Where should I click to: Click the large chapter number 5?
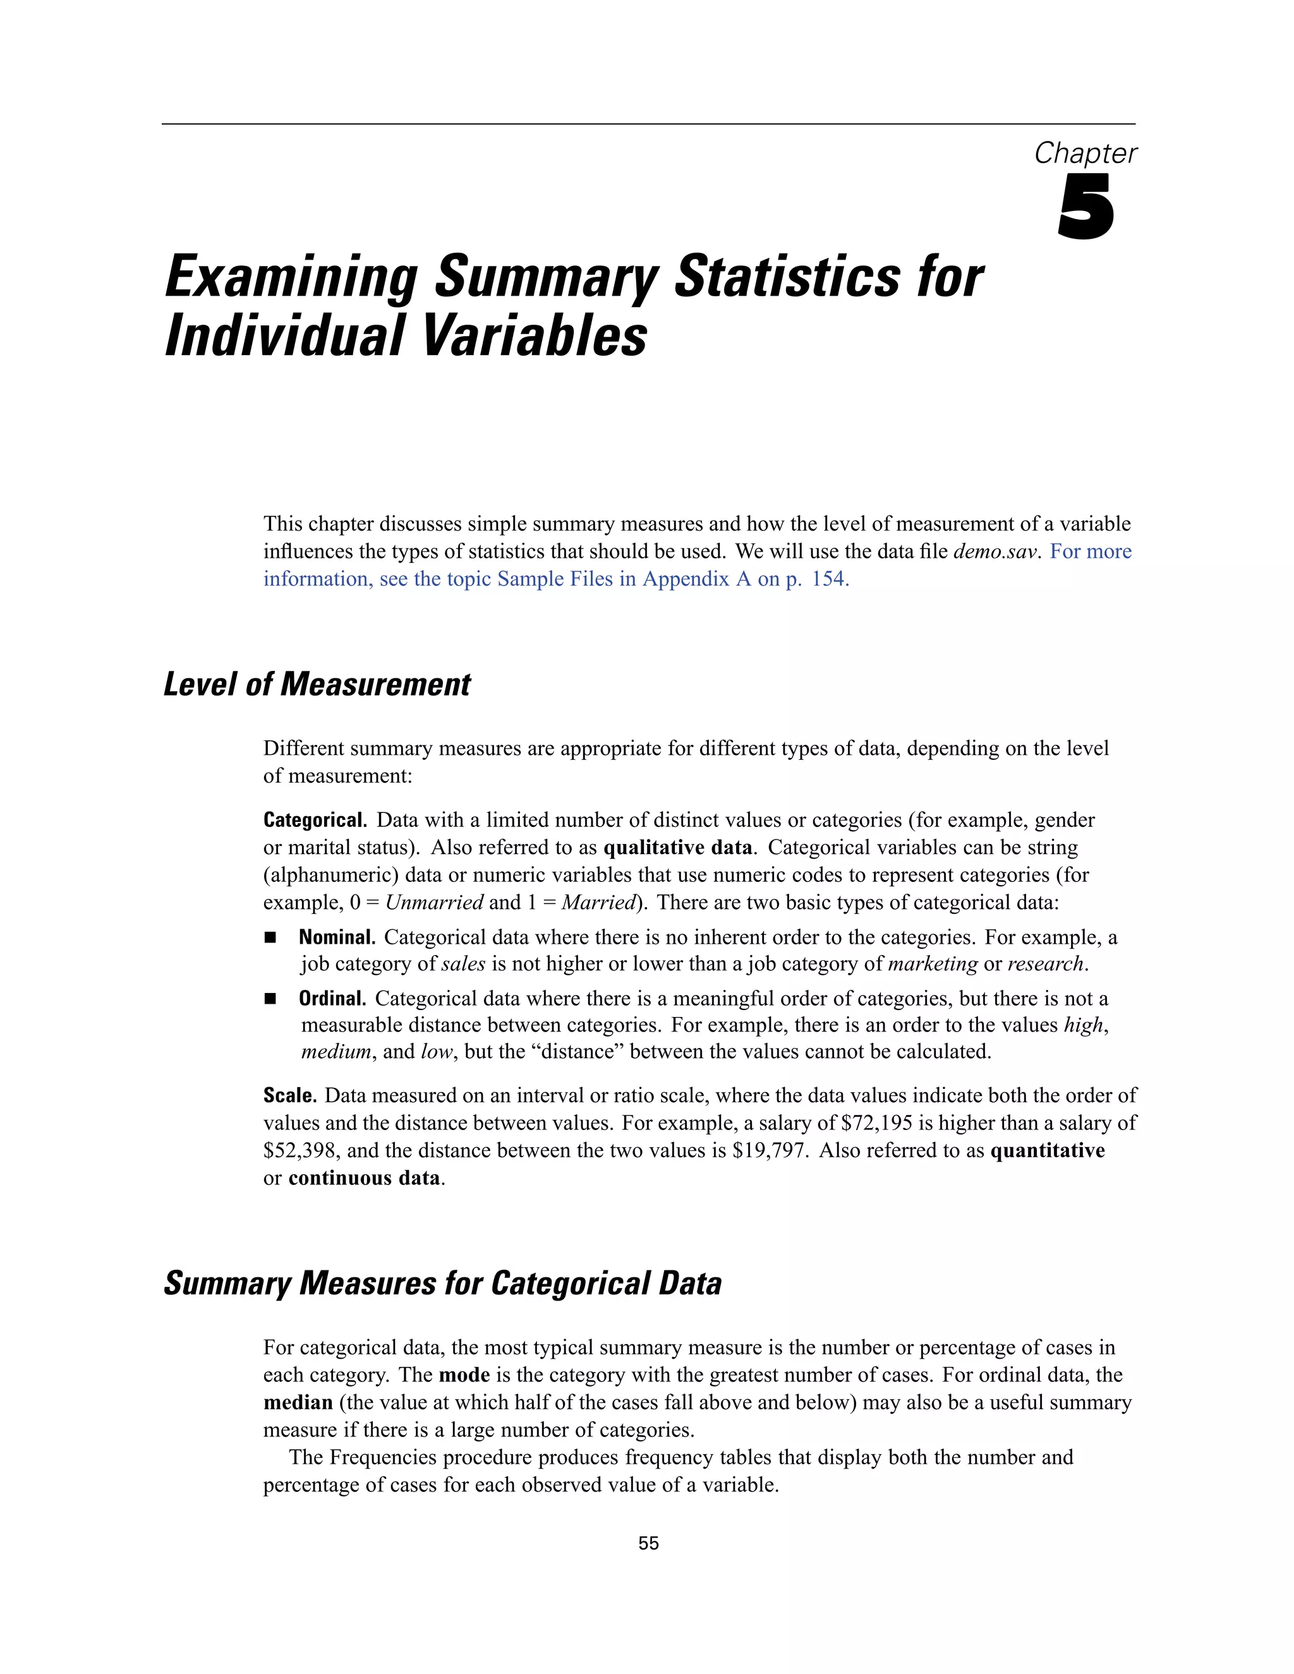coord(1085,207)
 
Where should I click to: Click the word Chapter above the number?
coord(1085,154)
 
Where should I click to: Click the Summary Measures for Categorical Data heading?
coord(442,1284)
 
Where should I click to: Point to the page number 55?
coord(648,1544)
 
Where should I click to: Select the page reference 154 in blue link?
coord(829,579)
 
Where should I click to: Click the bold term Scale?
coord(290,1095)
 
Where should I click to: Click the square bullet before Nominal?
coord(270,937)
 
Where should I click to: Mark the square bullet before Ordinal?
coord(270,999)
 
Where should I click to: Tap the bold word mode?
coord(464,1375)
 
